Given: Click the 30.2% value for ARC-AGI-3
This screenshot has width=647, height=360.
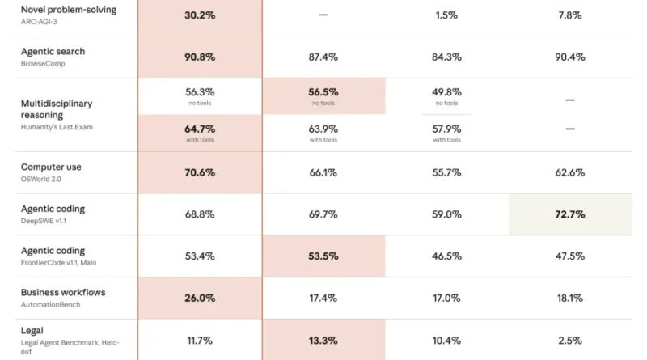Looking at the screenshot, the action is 200,15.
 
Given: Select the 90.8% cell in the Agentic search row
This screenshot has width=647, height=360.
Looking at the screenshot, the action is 200,57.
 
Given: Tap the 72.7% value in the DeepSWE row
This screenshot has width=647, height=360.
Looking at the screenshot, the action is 570,214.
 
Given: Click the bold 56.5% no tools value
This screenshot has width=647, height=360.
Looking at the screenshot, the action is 323,91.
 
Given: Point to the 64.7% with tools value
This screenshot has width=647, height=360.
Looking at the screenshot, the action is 200,129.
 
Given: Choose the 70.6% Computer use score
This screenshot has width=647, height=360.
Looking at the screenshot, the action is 200,172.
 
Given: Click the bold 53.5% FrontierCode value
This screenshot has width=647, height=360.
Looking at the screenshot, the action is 323,256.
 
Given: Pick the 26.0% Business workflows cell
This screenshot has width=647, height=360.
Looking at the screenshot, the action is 200,298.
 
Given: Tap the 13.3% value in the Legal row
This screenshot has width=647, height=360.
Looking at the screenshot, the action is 323,341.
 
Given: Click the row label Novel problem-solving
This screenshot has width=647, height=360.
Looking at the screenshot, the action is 69,10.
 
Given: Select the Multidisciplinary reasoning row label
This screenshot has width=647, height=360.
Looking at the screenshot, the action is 57,109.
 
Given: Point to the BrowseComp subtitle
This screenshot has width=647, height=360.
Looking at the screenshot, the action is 43,64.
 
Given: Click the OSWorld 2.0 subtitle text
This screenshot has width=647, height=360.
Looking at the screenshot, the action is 41,179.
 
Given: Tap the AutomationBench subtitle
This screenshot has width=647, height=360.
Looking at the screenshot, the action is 50,304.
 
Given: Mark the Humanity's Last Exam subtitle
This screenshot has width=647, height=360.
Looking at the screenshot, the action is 57,127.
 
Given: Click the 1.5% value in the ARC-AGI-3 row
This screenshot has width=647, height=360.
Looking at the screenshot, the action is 446,15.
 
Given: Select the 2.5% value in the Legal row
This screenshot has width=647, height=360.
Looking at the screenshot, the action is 570,341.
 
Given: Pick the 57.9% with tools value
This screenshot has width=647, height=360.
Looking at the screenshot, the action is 446,129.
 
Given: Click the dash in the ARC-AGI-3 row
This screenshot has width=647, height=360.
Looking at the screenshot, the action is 323,15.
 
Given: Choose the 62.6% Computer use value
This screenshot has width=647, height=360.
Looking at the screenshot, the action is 570,172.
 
